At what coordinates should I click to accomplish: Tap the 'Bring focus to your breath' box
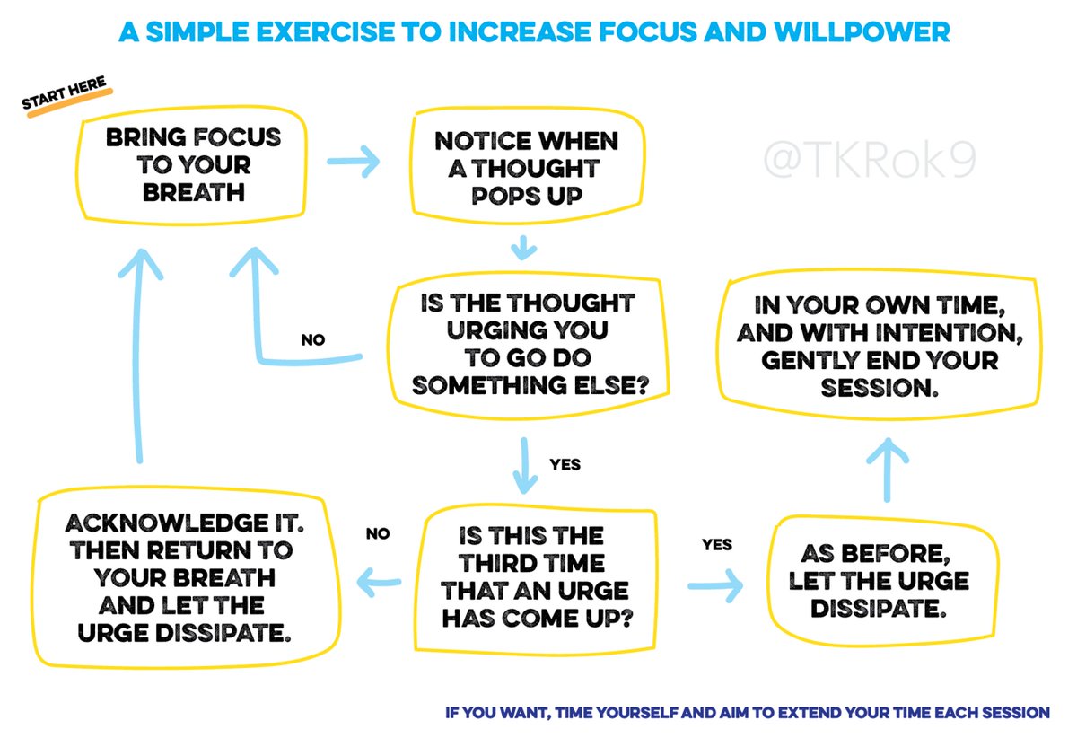pyautogui.click(x=193, y=165)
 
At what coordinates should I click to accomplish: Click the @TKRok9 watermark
pyautogui.click(x=870, y=161)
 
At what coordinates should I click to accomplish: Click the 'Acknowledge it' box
pyautogui.click(x=180, y=579)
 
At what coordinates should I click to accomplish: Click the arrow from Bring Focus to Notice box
pyautogui.click(x=353, y=163)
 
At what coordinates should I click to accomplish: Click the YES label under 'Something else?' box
pyautogui.click(x=565, y=464)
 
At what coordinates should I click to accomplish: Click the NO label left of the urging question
pyautogui.click(x=313, y=340)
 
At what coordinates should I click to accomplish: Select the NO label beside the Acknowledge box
pyautogui.click(x=378, y=533)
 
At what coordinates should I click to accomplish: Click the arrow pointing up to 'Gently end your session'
pyautogui.click(x=889, y=467)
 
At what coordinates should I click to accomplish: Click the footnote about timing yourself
pyautogui.click(x=747, y=713)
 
